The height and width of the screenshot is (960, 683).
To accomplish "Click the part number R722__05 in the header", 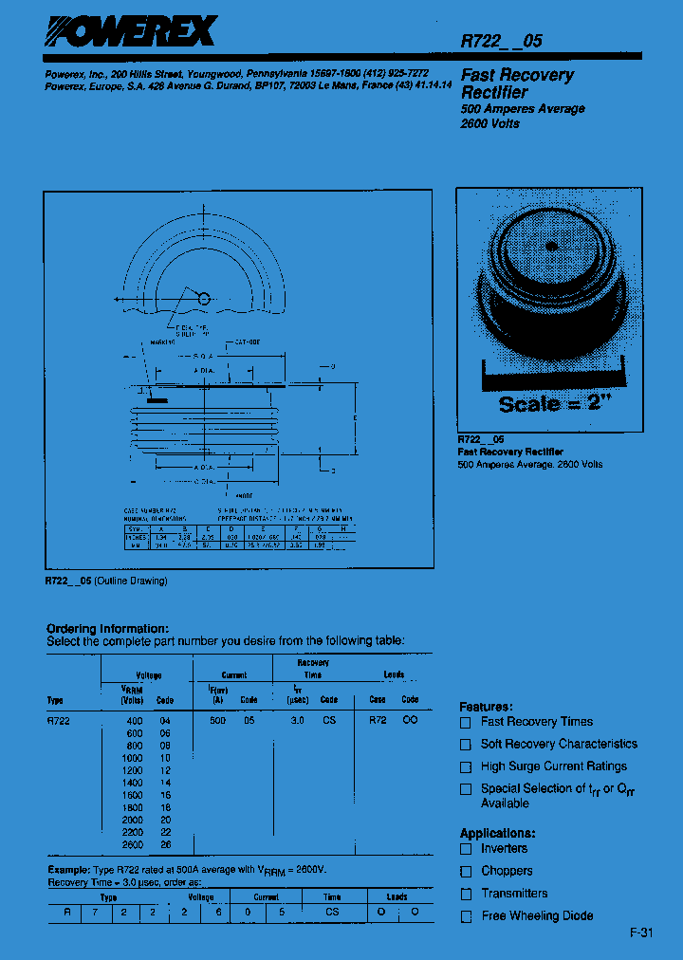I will pyautogui.click(x=501, y=41).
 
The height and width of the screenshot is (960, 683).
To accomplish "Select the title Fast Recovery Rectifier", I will pyautogui.click(x=517, y=83).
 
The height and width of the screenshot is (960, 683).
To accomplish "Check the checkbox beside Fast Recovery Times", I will pyautogui.click(x=466, y=722).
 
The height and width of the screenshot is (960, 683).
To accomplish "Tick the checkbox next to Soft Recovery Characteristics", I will pyautogui.click(x=466, y=745).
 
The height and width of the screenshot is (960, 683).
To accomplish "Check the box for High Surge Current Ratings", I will pyautogui.click(x=466, y=766).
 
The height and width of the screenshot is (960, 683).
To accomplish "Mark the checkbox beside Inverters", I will pyautogui.click(x=466, y=849).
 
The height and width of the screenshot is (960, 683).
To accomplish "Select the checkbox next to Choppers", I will pyautogui.click(x=466, y=871).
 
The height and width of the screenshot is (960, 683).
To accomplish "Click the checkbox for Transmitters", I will pyautogui.click(x=466, y=894).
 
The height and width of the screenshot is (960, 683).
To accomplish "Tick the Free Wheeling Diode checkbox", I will pyautogui.click(x=466, y=916).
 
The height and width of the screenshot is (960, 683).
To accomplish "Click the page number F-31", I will pyautogui.click(x=641, y=933).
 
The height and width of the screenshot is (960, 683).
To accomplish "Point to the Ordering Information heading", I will pyautogui.click(x=108, y=628).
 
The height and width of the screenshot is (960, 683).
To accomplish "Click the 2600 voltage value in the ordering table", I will pyautogui.click(x=132, y=844).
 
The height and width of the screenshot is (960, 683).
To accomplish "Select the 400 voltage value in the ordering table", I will pyautogui.click(x=134, y=721).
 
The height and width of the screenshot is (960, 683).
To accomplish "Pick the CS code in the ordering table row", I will pyautogui.click(x=329, y=721).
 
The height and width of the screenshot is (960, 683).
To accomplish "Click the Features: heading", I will pyautogui.click(x=486, y=707).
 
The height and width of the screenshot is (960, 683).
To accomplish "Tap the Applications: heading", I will pyautogui.click(x=493, y=834).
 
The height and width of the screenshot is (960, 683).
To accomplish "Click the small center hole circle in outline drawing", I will pyautogui.click(x=203, y=299).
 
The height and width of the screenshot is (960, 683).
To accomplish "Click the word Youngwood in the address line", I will pyautogui.click(x=212, y=73).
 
